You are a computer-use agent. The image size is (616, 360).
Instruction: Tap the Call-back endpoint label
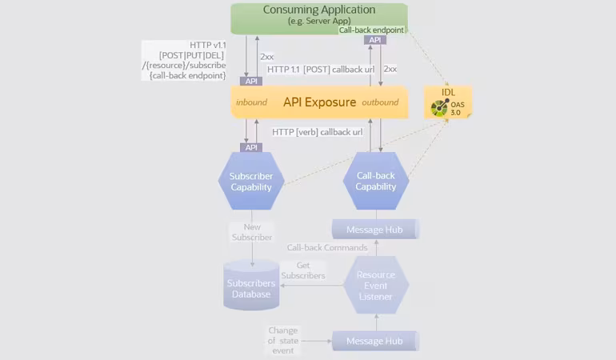(371, 30)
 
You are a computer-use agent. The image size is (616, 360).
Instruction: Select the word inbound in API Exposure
(251, 102)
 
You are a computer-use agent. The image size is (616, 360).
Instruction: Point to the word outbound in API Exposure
(380, 102)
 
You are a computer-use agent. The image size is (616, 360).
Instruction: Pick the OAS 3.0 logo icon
(440, 108)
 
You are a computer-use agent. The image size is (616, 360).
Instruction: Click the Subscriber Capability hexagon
(251, 181)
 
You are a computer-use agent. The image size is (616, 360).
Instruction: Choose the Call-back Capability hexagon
(375, 181)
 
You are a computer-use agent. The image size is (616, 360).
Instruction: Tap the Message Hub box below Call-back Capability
(375, 230)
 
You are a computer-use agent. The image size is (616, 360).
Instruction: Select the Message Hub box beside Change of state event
(375, 342)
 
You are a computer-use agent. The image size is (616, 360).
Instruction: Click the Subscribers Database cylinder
(251, 286)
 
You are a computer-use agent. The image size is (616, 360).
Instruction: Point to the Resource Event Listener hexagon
(375, 286)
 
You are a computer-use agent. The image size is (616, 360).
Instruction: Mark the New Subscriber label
(252, 232)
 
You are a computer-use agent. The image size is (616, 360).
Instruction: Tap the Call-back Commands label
(327, 248)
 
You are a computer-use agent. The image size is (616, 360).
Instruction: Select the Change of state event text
(283, 340)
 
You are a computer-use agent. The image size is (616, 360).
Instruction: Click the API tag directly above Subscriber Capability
(252, 147)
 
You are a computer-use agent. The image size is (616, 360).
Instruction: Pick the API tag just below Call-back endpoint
(374, 40)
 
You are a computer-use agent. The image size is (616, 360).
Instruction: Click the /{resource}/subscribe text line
(187, 65)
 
